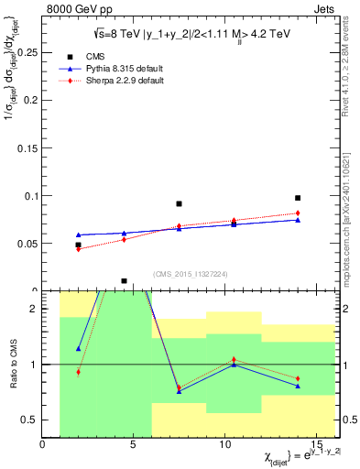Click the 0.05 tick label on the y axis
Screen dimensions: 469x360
click(28, 244)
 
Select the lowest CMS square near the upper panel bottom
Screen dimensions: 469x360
click(124, 281)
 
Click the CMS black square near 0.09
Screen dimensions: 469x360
click(179, 203)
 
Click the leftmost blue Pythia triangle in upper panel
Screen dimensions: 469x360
click(79, 235)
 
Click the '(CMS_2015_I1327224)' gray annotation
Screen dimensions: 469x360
click(191, 274)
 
